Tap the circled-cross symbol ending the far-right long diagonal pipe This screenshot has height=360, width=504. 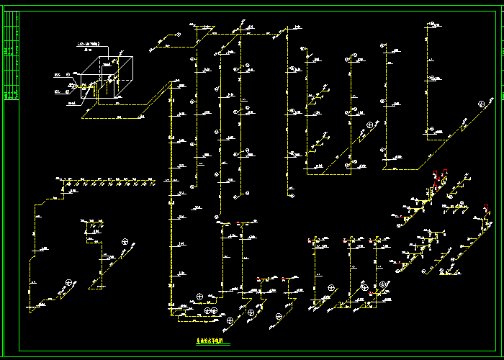[481, 104]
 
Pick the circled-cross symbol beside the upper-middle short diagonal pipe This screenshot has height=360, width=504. [371, 125]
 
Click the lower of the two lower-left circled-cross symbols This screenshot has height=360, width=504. [70, 282]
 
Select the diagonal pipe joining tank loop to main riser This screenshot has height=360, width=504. [155, 99]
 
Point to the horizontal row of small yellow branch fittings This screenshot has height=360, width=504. [108, 181]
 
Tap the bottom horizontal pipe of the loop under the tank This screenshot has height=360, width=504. [112, 117]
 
